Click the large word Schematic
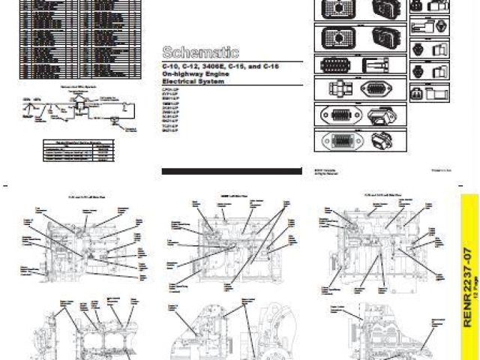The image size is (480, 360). tap(200, 52)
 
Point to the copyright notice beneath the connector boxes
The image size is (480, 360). tap(325, 172)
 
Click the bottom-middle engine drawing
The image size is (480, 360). tap(225, 330)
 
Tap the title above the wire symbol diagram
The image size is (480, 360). tap(75, 87)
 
